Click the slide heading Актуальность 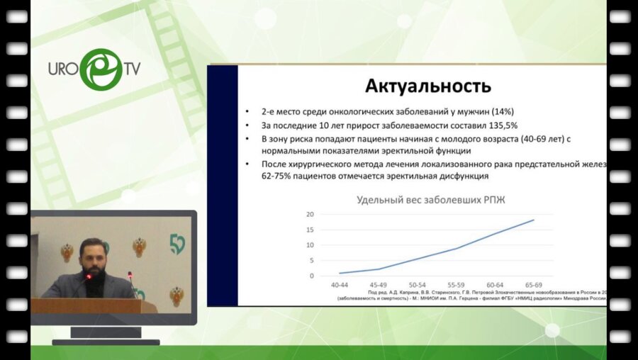click(427, 86)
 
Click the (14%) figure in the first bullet click(498, 112)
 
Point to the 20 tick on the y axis click(309, 214)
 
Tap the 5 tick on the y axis click(310, 260)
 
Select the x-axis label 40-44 click(340, 284)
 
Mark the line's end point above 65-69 click(533, 220)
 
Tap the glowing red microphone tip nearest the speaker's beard click(90, 275)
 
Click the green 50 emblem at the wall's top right click(178, 244)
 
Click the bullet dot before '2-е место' click(245, 112)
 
